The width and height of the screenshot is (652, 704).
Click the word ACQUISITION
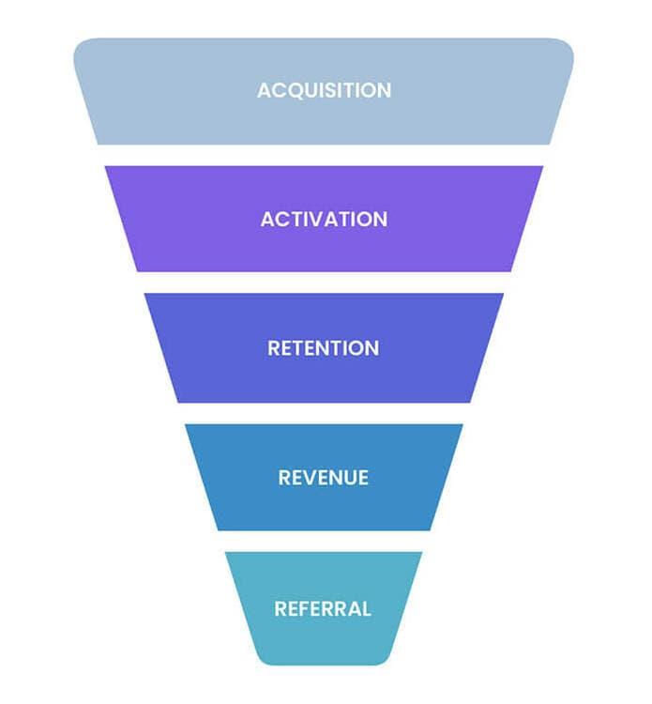[x=324, y=91]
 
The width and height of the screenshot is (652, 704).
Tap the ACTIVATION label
[x=324, y=220]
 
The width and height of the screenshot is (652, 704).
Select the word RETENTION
[x=324, y=348]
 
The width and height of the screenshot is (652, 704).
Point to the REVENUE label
[x=324, y=478]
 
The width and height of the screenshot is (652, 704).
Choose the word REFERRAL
[x=323, y=608]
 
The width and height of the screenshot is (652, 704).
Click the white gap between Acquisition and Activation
[x=324, y=155]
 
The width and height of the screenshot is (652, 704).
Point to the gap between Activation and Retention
[x=324, y=283]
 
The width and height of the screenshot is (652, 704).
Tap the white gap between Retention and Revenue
[x=324, y=413]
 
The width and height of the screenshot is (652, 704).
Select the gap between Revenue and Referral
[x=324, y=541]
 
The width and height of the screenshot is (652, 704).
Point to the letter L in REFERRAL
[x=366, y=608]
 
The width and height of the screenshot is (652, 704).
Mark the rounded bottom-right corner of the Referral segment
[x=387, y=656]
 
